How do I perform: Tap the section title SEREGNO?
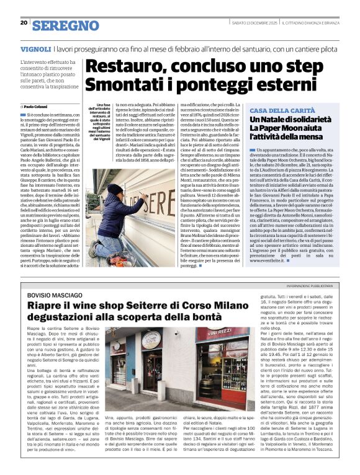57,25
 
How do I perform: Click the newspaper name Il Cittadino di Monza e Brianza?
304,23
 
